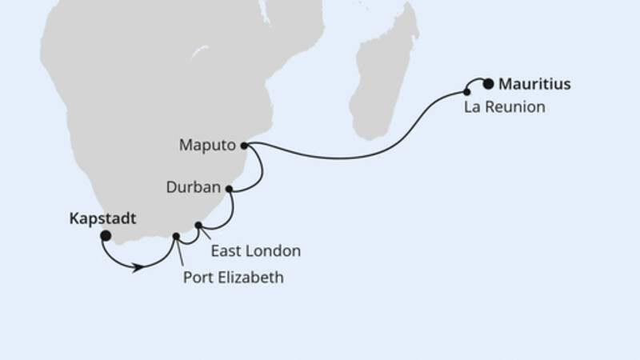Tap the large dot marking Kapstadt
tap(105, 235)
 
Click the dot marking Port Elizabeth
tap(176, 236)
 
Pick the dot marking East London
tap(198, 227)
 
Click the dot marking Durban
tap(230, 190)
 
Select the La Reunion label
tap(505, 106)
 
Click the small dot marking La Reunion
tap(467, 92)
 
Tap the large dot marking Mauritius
tap(487, 82)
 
